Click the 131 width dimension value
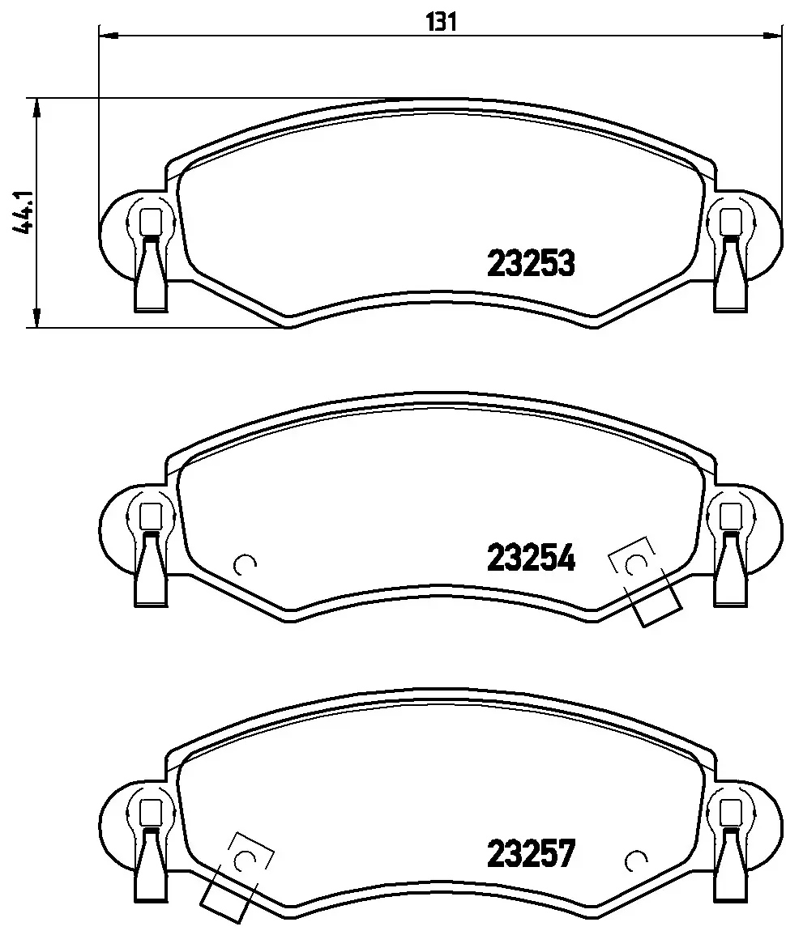[x=442, y=22]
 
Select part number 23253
[x=531, y=264]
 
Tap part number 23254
[x=531, y=558]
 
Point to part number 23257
[x=531, y=853]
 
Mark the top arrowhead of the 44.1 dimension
[x=37, y=108]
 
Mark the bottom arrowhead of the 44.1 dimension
[x=37, y=317]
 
